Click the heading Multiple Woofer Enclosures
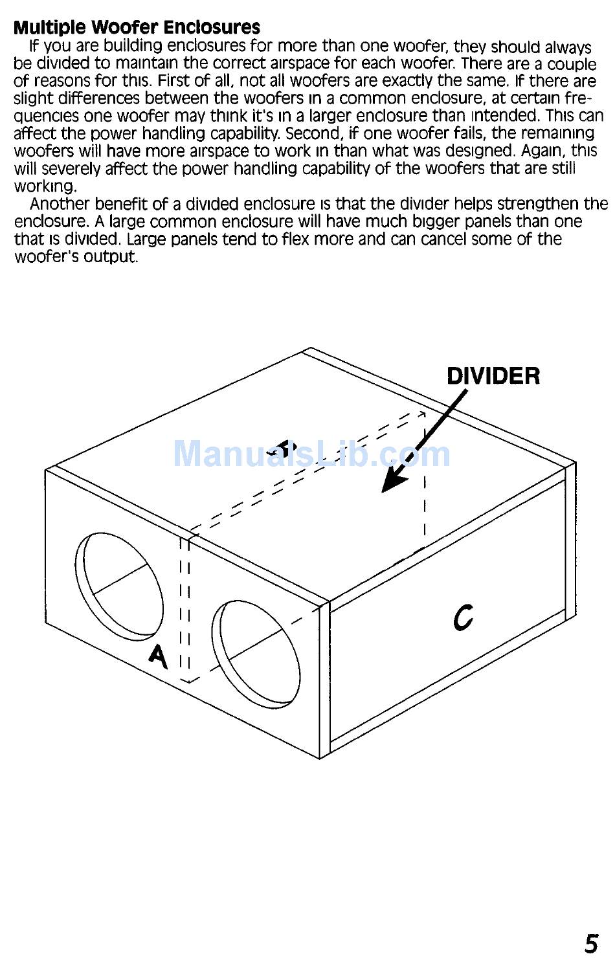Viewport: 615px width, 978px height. click(137, 28)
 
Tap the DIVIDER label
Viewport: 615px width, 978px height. click(493, 376)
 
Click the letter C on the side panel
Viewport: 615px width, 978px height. click(464, 616)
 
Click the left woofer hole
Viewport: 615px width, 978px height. click(120, 578)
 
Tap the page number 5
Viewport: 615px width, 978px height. click(591, 944)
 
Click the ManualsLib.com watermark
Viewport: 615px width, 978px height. click(311, 454)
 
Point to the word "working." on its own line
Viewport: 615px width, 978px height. click(45, 186)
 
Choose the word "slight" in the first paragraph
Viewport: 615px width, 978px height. click(34, 99)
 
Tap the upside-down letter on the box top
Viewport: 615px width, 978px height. click(285, 446)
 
